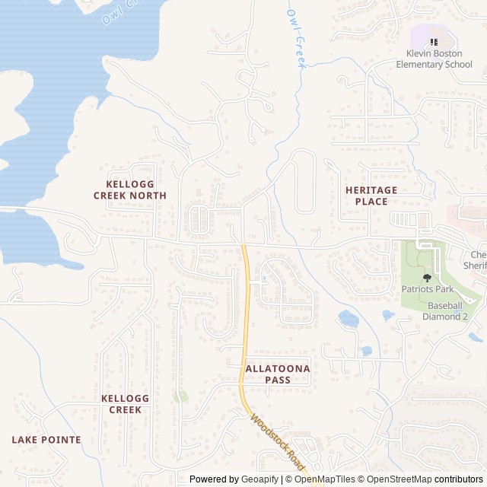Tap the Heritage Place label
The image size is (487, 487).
371,196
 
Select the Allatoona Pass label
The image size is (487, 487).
278,374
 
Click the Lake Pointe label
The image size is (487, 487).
46,439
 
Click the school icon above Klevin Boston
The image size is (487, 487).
434,43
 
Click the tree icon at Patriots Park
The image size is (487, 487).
426,278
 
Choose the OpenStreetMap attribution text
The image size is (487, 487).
399,479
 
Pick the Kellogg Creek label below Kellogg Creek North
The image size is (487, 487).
125,403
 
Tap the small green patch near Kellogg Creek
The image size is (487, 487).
180,396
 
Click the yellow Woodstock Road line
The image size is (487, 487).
245,320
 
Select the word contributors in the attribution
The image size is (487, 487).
459,479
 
